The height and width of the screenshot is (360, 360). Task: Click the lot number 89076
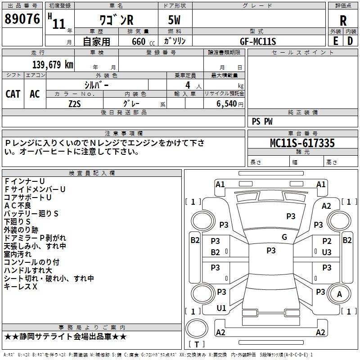tap(22, 19)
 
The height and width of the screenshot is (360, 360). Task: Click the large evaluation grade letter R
tap(343, 21)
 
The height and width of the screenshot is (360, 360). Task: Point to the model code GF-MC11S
tap(258, 41)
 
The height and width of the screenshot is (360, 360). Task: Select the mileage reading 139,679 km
tap(53, 64)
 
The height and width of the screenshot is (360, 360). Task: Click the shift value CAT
tap(13, 94)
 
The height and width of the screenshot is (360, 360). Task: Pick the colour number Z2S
tap(75, 103)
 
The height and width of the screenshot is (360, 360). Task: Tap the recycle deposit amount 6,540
tap(227, 103)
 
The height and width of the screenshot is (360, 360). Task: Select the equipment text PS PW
tap(262, 121)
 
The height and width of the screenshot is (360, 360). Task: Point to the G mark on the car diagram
tap(284, 237)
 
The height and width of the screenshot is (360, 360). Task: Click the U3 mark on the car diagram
tap(327, 252)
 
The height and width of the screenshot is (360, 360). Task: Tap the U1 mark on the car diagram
tap(221, 308)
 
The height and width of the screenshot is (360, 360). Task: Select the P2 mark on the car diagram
tap(327, 241)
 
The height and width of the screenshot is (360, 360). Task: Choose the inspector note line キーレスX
tap(21, 286)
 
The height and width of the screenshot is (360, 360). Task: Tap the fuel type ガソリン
tap(175, 41)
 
